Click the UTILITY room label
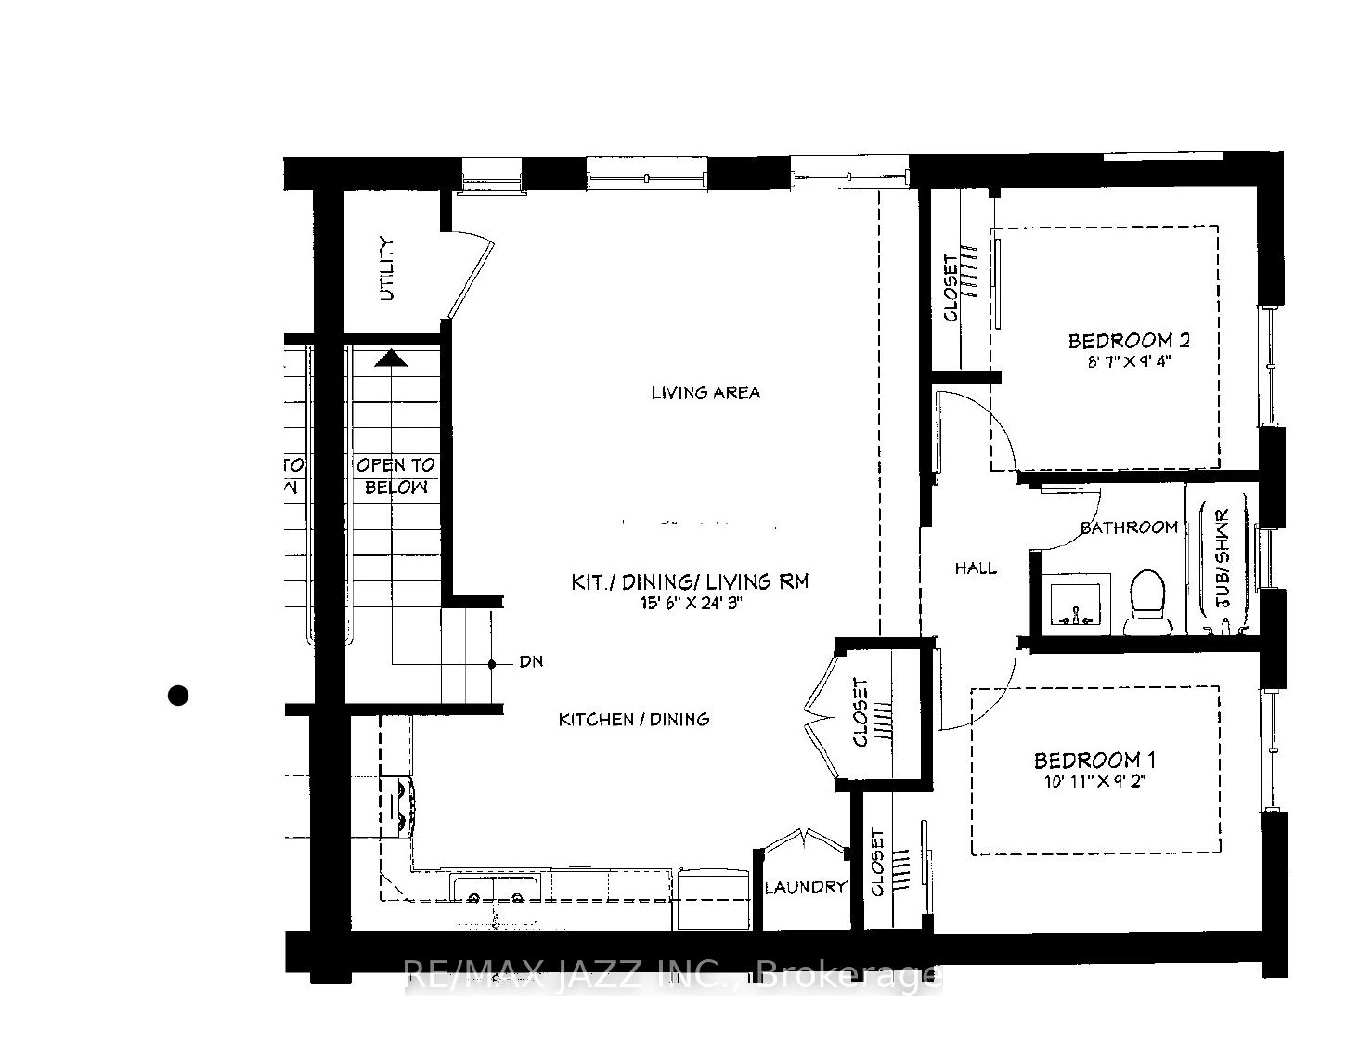[387, 269]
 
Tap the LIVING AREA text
[705, 393]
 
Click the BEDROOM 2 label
[1128, 341]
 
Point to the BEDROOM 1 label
[1094, 761]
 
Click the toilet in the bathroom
[1147, 602]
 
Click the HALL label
[976, 567]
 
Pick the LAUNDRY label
[805, 887]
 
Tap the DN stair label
[531, 662]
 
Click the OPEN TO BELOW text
[395, 475]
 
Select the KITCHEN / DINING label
[634, 719]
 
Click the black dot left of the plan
[178, 695]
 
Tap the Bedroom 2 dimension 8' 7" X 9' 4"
[1128, 362]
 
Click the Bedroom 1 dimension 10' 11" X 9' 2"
[1094, 782]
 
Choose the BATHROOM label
[1129, 528]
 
